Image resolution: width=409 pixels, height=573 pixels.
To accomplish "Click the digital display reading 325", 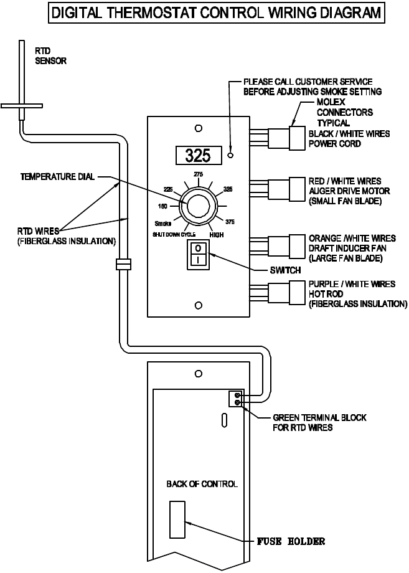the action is click(x=199, y=155).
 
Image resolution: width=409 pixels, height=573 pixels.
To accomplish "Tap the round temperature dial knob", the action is click(x=199, y=206).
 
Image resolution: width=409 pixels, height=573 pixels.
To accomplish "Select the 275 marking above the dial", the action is click(x=199, y=174).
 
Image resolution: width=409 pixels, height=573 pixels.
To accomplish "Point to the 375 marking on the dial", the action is click(x=230, y=222).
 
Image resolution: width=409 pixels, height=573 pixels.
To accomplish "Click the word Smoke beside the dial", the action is click(x=163, y=224).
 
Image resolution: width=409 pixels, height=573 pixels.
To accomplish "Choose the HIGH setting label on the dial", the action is click(x=217, y=235).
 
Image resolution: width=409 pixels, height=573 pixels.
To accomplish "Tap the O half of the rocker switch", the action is click(x=198, y=249).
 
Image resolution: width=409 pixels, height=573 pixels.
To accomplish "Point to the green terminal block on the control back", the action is click(x=235, y=399).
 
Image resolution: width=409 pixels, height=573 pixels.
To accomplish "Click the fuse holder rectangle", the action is click(x=177, y=519).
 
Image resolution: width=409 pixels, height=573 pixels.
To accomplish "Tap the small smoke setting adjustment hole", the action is click(x=230, y=155).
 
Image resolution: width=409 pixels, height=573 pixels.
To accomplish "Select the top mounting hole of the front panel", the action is click(x=199, y=128).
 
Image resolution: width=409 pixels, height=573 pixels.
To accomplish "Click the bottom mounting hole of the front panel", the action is click(x=199, y=306).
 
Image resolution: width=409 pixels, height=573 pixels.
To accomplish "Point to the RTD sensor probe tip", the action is click(x=22, y=41).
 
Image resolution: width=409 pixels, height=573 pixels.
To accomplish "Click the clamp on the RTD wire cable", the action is click(x=123, y=264).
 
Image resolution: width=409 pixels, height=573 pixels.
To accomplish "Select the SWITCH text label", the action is click(x=286, y=270).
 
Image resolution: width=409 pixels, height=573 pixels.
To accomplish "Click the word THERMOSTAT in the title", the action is click(x=153, y=13).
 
